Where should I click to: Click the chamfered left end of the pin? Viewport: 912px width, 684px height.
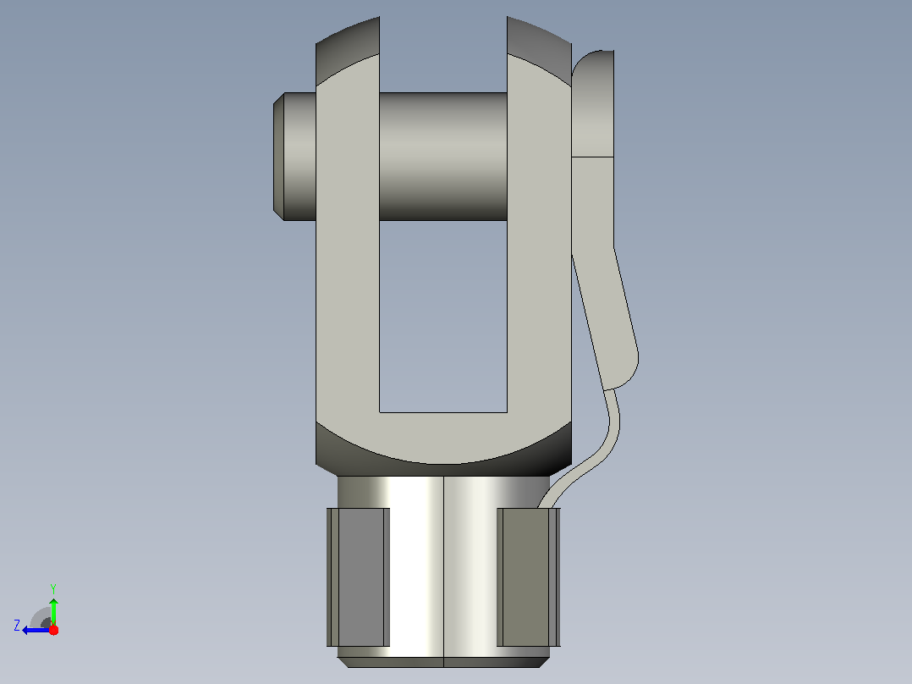coord(278,157)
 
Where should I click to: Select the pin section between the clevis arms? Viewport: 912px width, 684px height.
coord(443,157)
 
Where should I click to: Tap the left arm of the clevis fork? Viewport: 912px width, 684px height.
coord(347,245)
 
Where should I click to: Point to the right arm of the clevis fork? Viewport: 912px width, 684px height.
coord(539,245)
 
